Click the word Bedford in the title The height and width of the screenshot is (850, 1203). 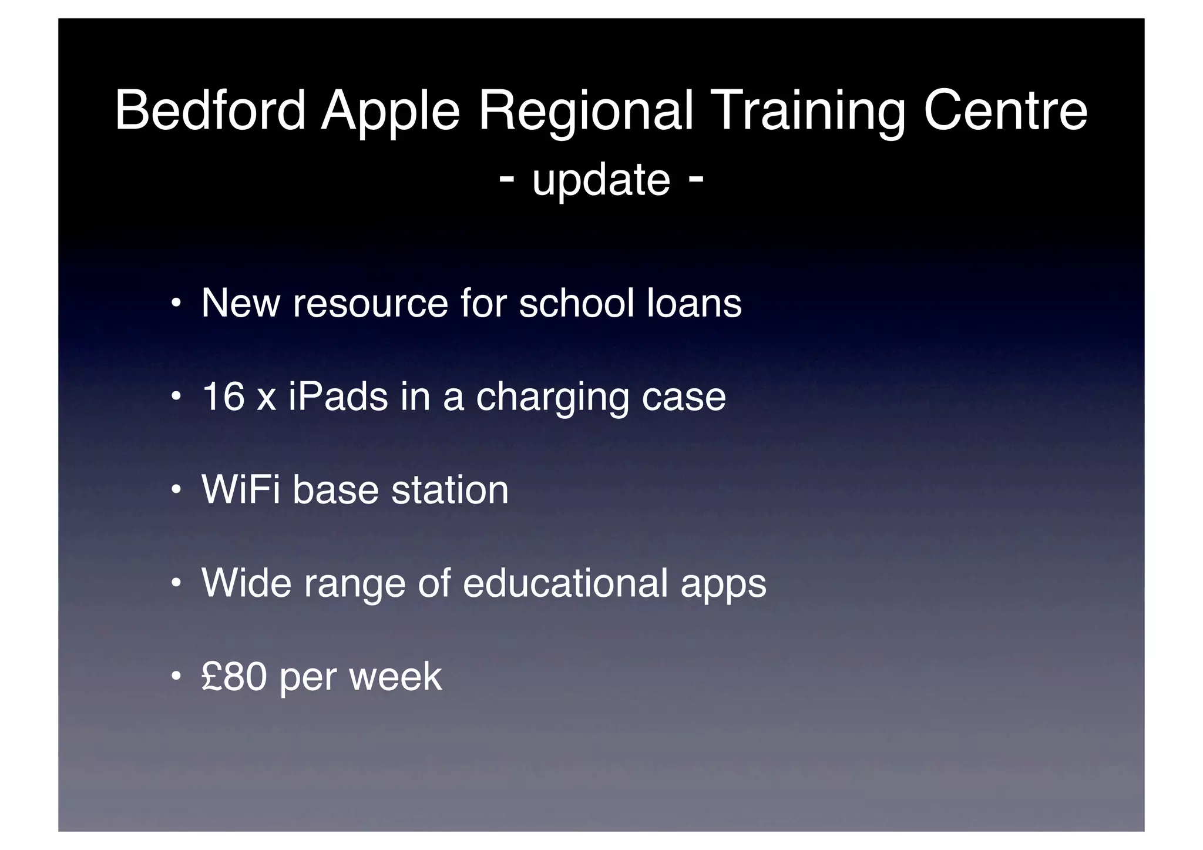click(x=210, y=110)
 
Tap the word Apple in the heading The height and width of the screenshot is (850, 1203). click(x=390, y=110)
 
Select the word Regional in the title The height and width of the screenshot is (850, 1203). click(x=586, y=110)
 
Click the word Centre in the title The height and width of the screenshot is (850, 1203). click(x=1005, y=110)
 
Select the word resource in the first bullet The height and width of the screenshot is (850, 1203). click(x=370, y=303)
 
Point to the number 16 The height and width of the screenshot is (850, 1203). click(x=223, y=396)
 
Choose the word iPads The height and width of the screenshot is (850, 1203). click(x=338, y=396)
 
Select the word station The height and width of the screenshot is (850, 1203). click(x=449, y=489)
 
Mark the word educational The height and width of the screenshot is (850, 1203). click(x=565, y=583)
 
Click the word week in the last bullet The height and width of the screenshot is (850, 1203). click(x=395, y=676)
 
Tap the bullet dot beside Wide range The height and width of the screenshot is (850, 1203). click(x=175, y=584)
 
